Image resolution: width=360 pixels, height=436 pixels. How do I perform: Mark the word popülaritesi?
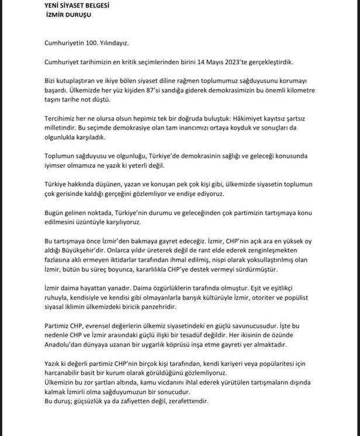pyautogui.click(x=283, y=365)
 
